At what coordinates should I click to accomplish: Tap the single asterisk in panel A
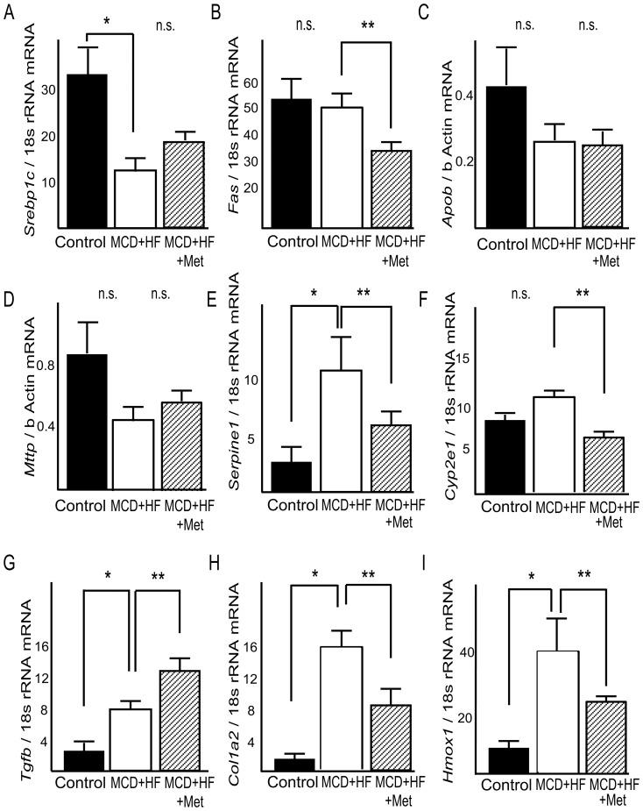[110, 18]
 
